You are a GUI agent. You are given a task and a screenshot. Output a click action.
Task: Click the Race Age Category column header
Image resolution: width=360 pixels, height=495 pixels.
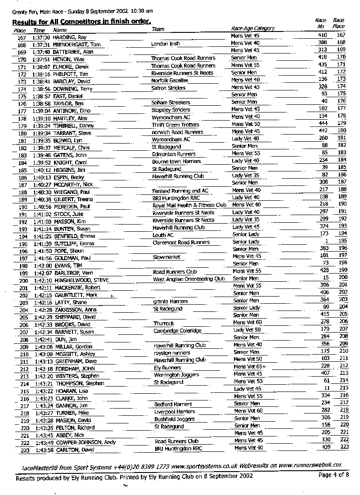[x=252, y=28]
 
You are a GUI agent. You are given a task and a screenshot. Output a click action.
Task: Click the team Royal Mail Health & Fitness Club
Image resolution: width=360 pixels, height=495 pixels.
[x=189, y=205]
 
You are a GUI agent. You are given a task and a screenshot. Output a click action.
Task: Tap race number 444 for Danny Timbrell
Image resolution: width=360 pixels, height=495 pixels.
[x=322, y=124]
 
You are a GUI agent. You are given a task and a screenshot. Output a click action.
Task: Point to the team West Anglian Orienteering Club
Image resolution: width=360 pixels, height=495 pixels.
[x=189, y=279]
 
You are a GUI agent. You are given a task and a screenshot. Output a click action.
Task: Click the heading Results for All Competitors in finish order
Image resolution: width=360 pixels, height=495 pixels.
[x=81, y=22]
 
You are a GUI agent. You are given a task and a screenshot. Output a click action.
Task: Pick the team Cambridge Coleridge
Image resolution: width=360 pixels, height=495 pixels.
[x=177, y=331]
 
